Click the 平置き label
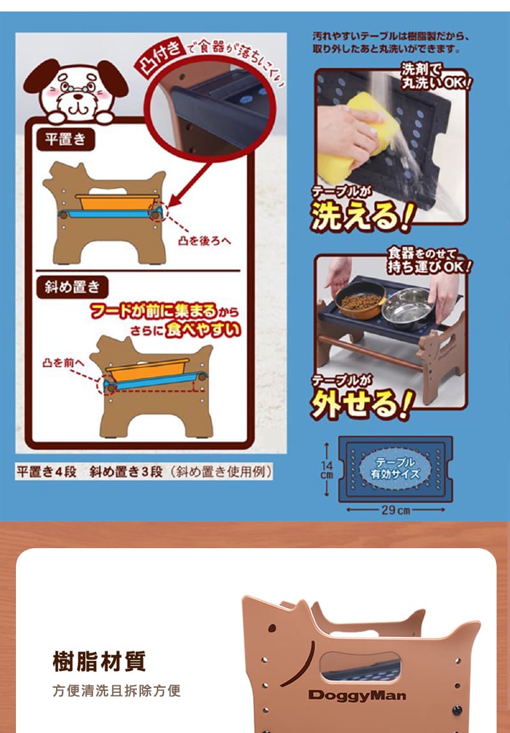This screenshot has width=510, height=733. click(x=66, y=140)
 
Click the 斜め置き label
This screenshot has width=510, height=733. click(x=73, y=287)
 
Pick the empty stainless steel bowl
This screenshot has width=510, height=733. click(x=408, y=308)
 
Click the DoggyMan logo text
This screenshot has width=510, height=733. click(x=357, y=695)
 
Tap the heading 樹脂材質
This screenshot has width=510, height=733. click(x=99, y=662)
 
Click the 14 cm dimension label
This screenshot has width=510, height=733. click(x=327, y=470)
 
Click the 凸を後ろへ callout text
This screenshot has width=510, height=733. click(x=205, y=241)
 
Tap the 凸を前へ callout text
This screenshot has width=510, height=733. click(x=64, y=363)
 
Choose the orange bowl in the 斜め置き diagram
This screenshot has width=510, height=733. click(x=148, y=371)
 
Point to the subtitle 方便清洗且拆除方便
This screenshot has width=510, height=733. click(x=117, y=690)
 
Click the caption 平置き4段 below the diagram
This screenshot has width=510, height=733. click(x=47, y=472)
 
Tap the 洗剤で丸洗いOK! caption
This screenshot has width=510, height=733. click(x=435, y=76)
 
